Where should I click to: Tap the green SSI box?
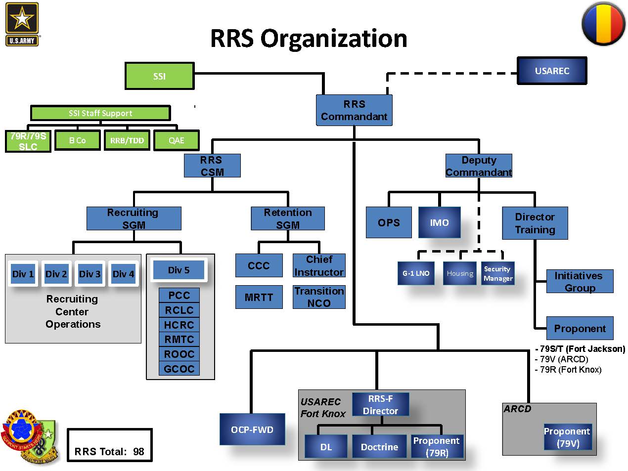[159, 76]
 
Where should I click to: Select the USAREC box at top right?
[552, 71]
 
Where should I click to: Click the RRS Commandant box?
[354, 110]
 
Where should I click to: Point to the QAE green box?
[177, 140]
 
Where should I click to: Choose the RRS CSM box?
[212, 166]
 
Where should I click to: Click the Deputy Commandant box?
[479, 166]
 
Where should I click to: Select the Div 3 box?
[90, 274]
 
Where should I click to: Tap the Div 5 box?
[179, 270]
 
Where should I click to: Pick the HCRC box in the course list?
[179, 325]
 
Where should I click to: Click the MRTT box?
[259, 297]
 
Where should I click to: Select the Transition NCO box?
[319, 297]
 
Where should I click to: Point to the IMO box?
[439, 222]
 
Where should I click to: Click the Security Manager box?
[497, 273]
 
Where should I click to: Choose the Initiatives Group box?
[580, 282]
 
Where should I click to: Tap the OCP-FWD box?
[252, 429]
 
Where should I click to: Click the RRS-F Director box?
[380, 405]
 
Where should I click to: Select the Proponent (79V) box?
[567, 437]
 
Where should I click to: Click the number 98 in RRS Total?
[138, 452]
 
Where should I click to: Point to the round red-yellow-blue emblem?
[603, 24]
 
